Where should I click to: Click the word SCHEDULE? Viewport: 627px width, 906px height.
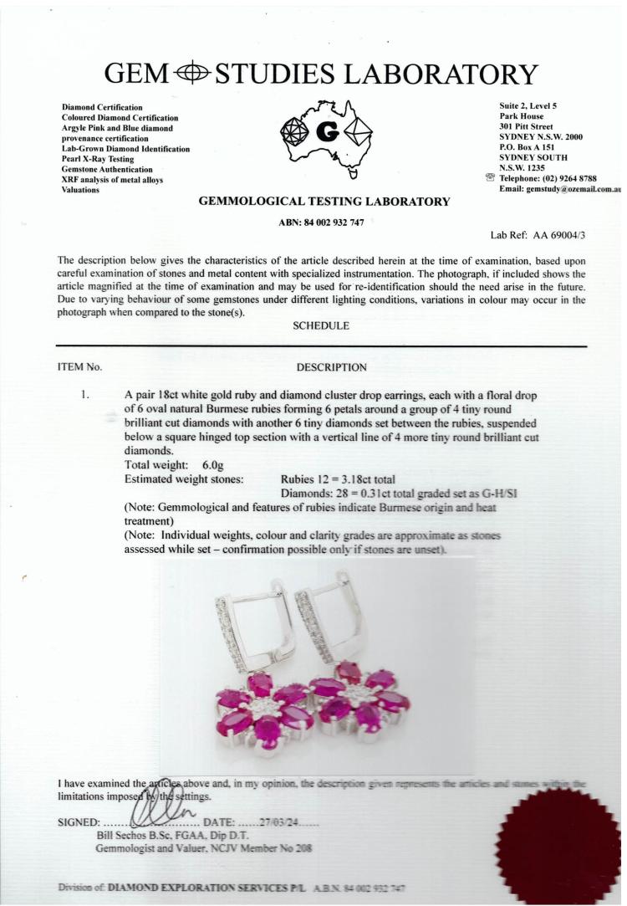click(321, 325)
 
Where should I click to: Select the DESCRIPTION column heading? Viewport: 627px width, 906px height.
click(331, 366)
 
